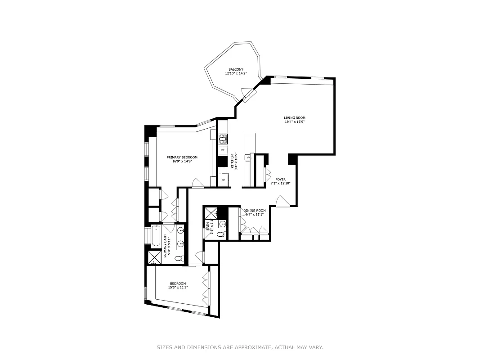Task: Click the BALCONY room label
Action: pyautogui.click(x=236, y=69)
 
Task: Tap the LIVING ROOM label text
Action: pyautogui.click(x=295, y=118)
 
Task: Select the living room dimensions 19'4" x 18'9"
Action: pyautogui.click(x=295, y=122)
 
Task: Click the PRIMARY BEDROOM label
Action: pyautogui.click(x=182, y=157)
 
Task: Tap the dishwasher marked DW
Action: pyautogui.click(x=223, y=150)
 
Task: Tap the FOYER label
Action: pyautogui.click(x=281, y=180)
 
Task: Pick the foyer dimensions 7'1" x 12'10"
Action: pyautogui.click(x=281, y=184)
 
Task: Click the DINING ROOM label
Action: pyautogui.click(x=255, y=211)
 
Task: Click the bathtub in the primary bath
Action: pyautogui.click(x=155, y=236)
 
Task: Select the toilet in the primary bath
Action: pyautogui.click(x=179, y=259)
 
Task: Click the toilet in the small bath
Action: pyautogui.click(x=220, y=234)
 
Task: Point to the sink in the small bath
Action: pyautogui.click(x=222, y=224)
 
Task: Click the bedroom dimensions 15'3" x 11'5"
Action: pyautogui.click(x=178, y=288)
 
